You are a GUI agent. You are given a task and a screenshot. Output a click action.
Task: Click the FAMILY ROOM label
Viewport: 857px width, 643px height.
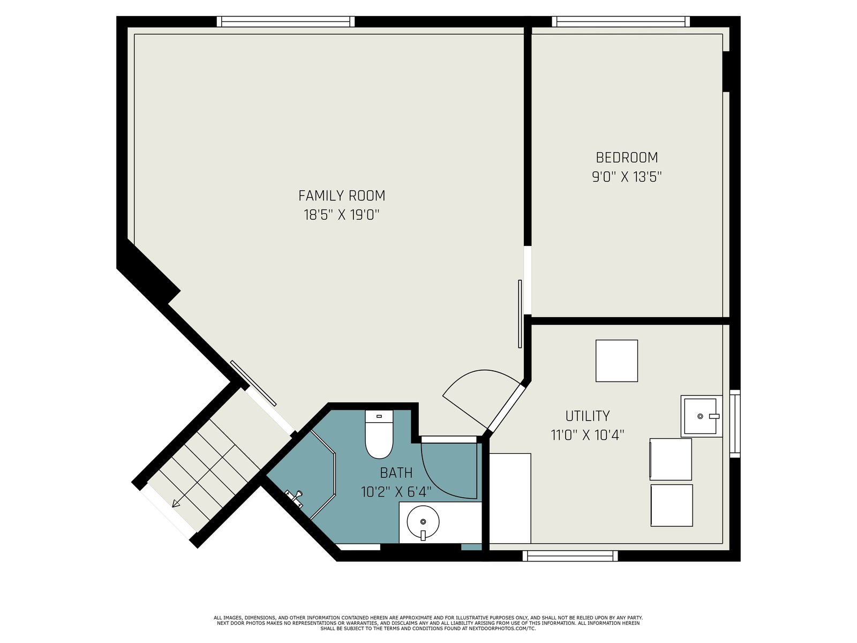tap(342, 196)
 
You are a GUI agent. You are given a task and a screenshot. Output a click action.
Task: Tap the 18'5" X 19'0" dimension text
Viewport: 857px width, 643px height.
tap(342, 215)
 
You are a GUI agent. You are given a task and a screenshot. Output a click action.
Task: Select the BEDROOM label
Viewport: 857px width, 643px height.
tap(627, 158)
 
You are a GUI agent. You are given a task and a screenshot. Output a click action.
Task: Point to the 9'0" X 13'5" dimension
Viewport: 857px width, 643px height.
tap(627, 177)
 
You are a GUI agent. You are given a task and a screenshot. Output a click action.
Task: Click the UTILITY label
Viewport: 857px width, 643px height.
tap(588, 416)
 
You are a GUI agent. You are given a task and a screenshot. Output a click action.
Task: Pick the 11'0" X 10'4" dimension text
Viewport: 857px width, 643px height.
tap(588, 435)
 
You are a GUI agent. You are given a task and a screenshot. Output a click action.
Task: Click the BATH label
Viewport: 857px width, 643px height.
tap(396, 473)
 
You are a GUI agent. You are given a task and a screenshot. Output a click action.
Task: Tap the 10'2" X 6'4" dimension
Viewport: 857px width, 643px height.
tap(396, 492)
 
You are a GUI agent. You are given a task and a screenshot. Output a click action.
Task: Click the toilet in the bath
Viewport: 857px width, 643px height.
tap(379, 434)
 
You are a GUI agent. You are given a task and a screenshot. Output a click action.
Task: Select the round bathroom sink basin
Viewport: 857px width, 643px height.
tap(423, 522)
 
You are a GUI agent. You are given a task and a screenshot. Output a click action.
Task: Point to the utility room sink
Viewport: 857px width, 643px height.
tap(701, 416)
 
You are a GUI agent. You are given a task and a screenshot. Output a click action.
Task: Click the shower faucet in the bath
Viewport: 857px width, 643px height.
tap(295, 498)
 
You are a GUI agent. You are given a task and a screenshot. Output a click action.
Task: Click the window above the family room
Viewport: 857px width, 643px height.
tap(286, 21)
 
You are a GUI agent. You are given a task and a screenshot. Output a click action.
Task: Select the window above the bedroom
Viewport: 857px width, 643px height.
tap(621, 21)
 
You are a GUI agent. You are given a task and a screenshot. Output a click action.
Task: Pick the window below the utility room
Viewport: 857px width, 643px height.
tap(570, 556)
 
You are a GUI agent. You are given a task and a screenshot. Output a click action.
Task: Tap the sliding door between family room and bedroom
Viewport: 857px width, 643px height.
tap(520, 314)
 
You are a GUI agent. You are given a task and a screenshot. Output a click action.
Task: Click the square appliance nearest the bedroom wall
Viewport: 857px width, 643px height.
tap(617, 361)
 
